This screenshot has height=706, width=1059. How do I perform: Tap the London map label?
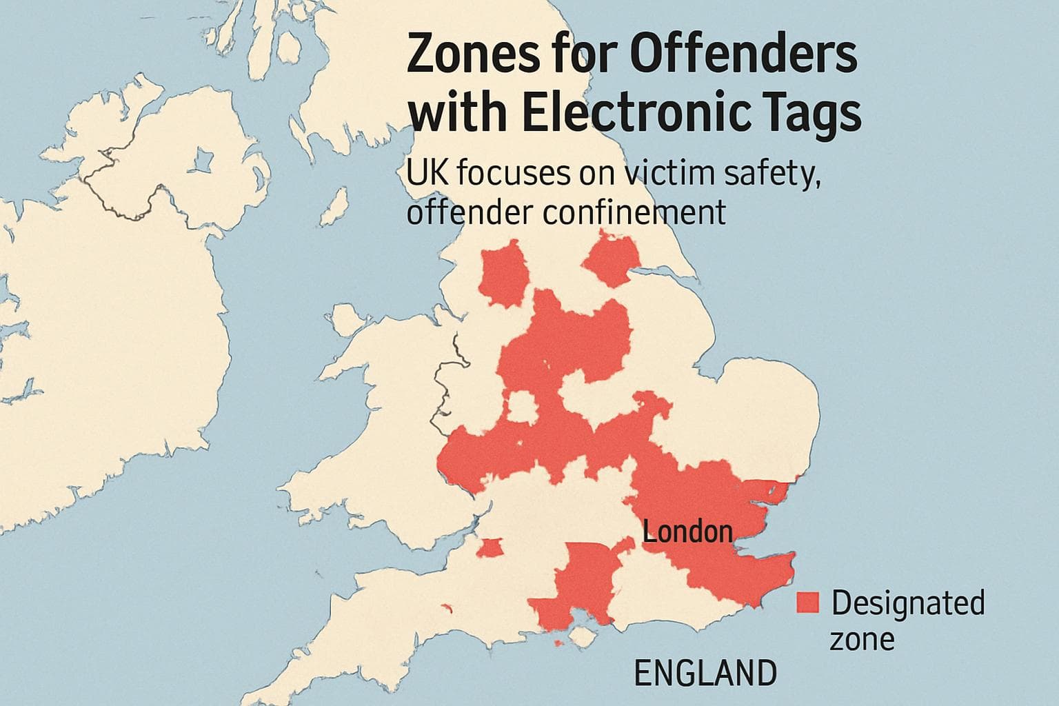click(687, 532)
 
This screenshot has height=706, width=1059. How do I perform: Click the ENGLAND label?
click(704, 672)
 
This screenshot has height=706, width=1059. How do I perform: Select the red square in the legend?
click(807, 603)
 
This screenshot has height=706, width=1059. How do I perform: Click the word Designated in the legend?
click(907, 603)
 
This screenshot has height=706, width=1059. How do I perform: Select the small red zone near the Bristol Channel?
click(490, 548)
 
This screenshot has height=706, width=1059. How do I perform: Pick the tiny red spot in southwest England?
click(446, 608)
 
